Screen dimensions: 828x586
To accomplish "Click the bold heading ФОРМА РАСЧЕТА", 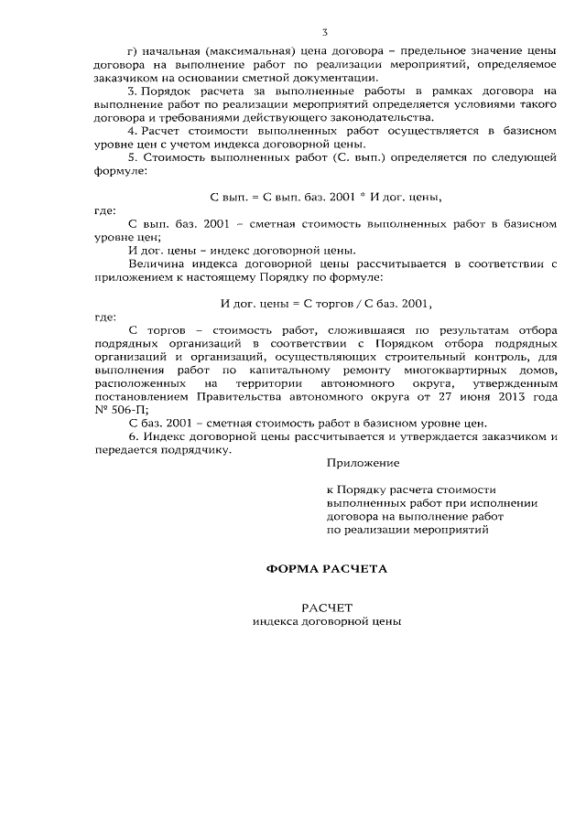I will (x=326, y=568).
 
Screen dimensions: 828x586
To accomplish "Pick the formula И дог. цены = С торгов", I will (x=326, y=303).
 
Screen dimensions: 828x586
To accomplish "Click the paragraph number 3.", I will (x=132, y=91).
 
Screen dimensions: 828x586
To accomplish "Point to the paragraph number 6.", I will (x=132, y=436).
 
